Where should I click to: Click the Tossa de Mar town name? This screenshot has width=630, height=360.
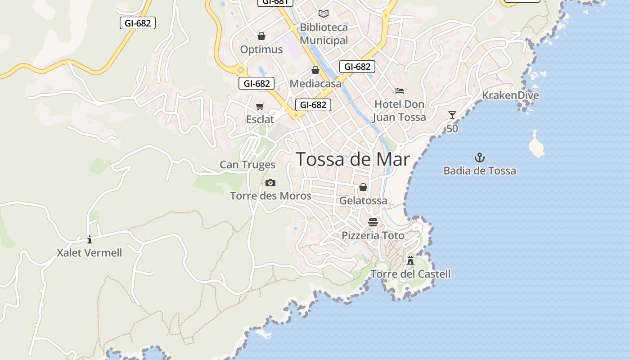click(x=353, y=159)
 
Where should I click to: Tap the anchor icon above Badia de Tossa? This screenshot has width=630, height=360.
click(x=480, y=157)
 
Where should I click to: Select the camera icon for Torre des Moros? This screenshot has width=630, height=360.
click(x=270, y=183)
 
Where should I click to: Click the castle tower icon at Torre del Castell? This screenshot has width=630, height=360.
click(x=410, y=260)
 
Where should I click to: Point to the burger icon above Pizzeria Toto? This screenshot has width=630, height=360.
click(x=373, y=222)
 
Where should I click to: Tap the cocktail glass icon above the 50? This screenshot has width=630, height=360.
click(x=452, y=115)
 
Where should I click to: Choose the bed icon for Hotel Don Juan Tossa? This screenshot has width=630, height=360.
click(x=400, y=91)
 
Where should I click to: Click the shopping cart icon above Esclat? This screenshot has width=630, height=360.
click(x=260, y=106)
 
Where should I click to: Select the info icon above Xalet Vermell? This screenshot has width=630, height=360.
click(x=90, y=239)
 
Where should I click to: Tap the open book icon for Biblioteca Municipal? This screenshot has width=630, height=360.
click(x=324, y=13)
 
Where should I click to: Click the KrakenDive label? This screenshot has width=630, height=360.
click(x=510, y=95)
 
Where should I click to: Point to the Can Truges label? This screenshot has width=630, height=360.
click(x=247, y=165)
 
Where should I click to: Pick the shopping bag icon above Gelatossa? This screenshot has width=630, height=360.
click(x=363, y=187)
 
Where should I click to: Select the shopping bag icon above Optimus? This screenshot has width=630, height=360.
click(x=261, y=36)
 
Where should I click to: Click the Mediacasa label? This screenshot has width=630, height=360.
click(x=315, y=83)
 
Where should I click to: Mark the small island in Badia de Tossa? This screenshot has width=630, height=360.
click(x=535, y=145)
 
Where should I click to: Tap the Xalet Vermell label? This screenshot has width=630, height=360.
click(x=90, y=253)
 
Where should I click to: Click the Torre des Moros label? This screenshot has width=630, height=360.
click(x=270, y=196)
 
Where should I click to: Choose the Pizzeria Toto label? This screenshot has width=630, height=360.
click(x=373, y=235)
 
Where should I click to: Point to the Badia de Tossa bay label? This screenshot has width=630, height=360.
click(x=480, y=171)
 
